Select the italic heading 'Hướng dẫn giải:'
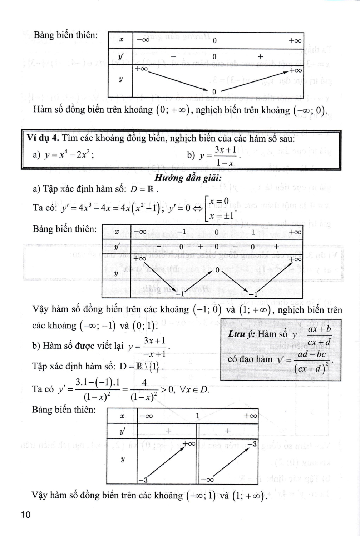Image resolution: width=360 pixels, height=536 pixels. (188, 178)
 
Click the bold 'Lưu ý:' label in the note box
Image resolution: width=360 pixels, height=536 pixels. (241, 334)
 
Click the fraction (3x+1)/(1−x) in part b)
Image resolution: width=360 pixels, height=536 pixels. (225, 156)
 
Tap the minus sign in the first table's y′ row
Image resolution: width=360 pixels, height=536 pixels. (174, 57)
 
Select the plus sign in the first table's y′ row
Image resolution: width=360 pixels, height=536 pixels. (260, 56)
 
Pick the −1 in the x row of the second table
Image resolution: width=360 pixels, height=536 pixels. (182, 232)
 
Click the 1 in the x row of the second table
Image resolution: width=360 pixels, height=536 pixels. (253, 232)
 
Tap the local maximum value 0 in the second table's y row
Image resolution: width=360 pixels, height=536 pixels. (217, 271)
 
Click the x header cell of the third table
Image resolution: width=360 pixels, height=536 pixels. (122, 416)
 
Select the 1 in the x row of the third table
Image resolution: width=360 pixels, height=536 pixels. (197, 416)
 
